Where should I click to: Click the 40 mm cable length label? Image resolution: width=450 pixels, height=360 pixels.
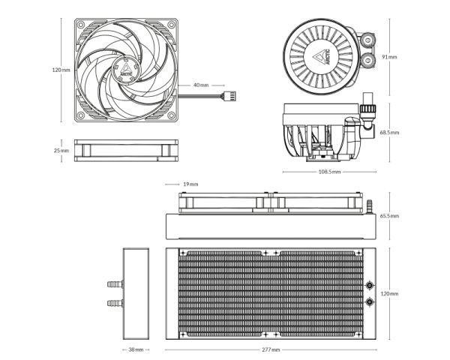pyautogui.click(x=200, y=85)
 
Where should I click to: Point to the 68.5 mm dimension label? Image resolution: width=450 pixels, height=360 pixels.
pyautogui.click(x=389, y=133)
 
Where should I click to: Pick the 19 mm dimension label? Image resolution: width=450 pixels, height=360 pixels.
pyautogui.click(x=190, y=184)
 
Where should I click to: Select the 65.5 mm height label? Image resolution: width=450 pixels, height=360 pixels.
pyautogui.click(x=389, y=216)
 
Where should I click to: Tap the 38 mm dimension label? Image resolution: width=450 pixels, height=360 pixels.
pyautogui.click(x=136, y=349)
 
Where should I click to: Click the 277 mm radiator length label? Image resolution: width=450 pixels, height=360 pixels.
pyautogui.click(x=271, y=349)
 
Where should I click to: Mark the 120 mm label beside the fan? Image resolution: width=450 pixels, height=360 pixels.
pyautogui.click(x=60, y=70)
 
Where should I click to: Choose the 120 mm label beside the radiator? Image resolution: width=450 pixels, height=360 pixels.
pyautogui.click(x=389, y=293)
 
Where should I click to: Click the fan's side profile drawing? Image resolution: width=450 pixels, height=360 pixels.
pyautogui.click(x=125, y=150)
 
